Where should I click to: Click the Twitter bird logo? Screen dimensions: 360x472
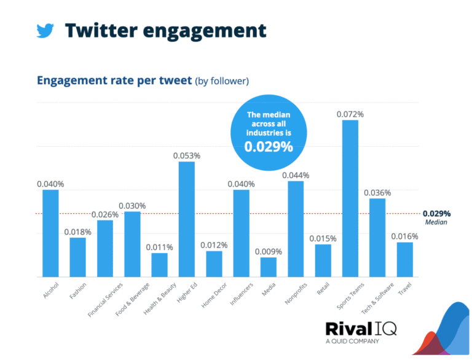click(45, 30)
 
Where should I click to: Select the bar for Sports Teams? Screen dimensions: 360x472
click(350, 198)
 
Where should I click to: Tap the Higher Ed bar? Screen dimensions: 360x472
click(186, 219)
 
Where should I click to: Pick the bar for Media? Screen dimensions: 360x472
click(268, 267)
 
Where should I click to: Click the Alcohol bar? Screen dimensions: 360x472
click(50, 233)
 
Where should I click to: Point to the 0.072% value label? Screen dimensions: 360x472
click(350, 114)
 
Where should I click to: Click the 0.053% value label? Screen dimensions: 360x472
click(186, 156)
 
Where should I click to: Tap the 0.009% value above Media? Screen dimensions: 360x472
click(269, 252)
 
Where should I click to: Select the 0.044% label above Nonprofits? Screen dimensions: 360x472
click(296, 175)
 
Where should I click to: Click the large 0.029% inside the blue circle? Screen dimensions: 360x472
click(269, 147)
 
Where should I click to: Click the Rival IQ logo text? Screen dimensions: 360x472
click(360, 329)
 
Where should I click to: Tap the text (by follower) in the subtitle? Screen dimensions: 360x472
click(222, 81)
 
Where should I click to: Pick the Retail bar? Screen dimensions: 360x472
click(323, 260)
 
